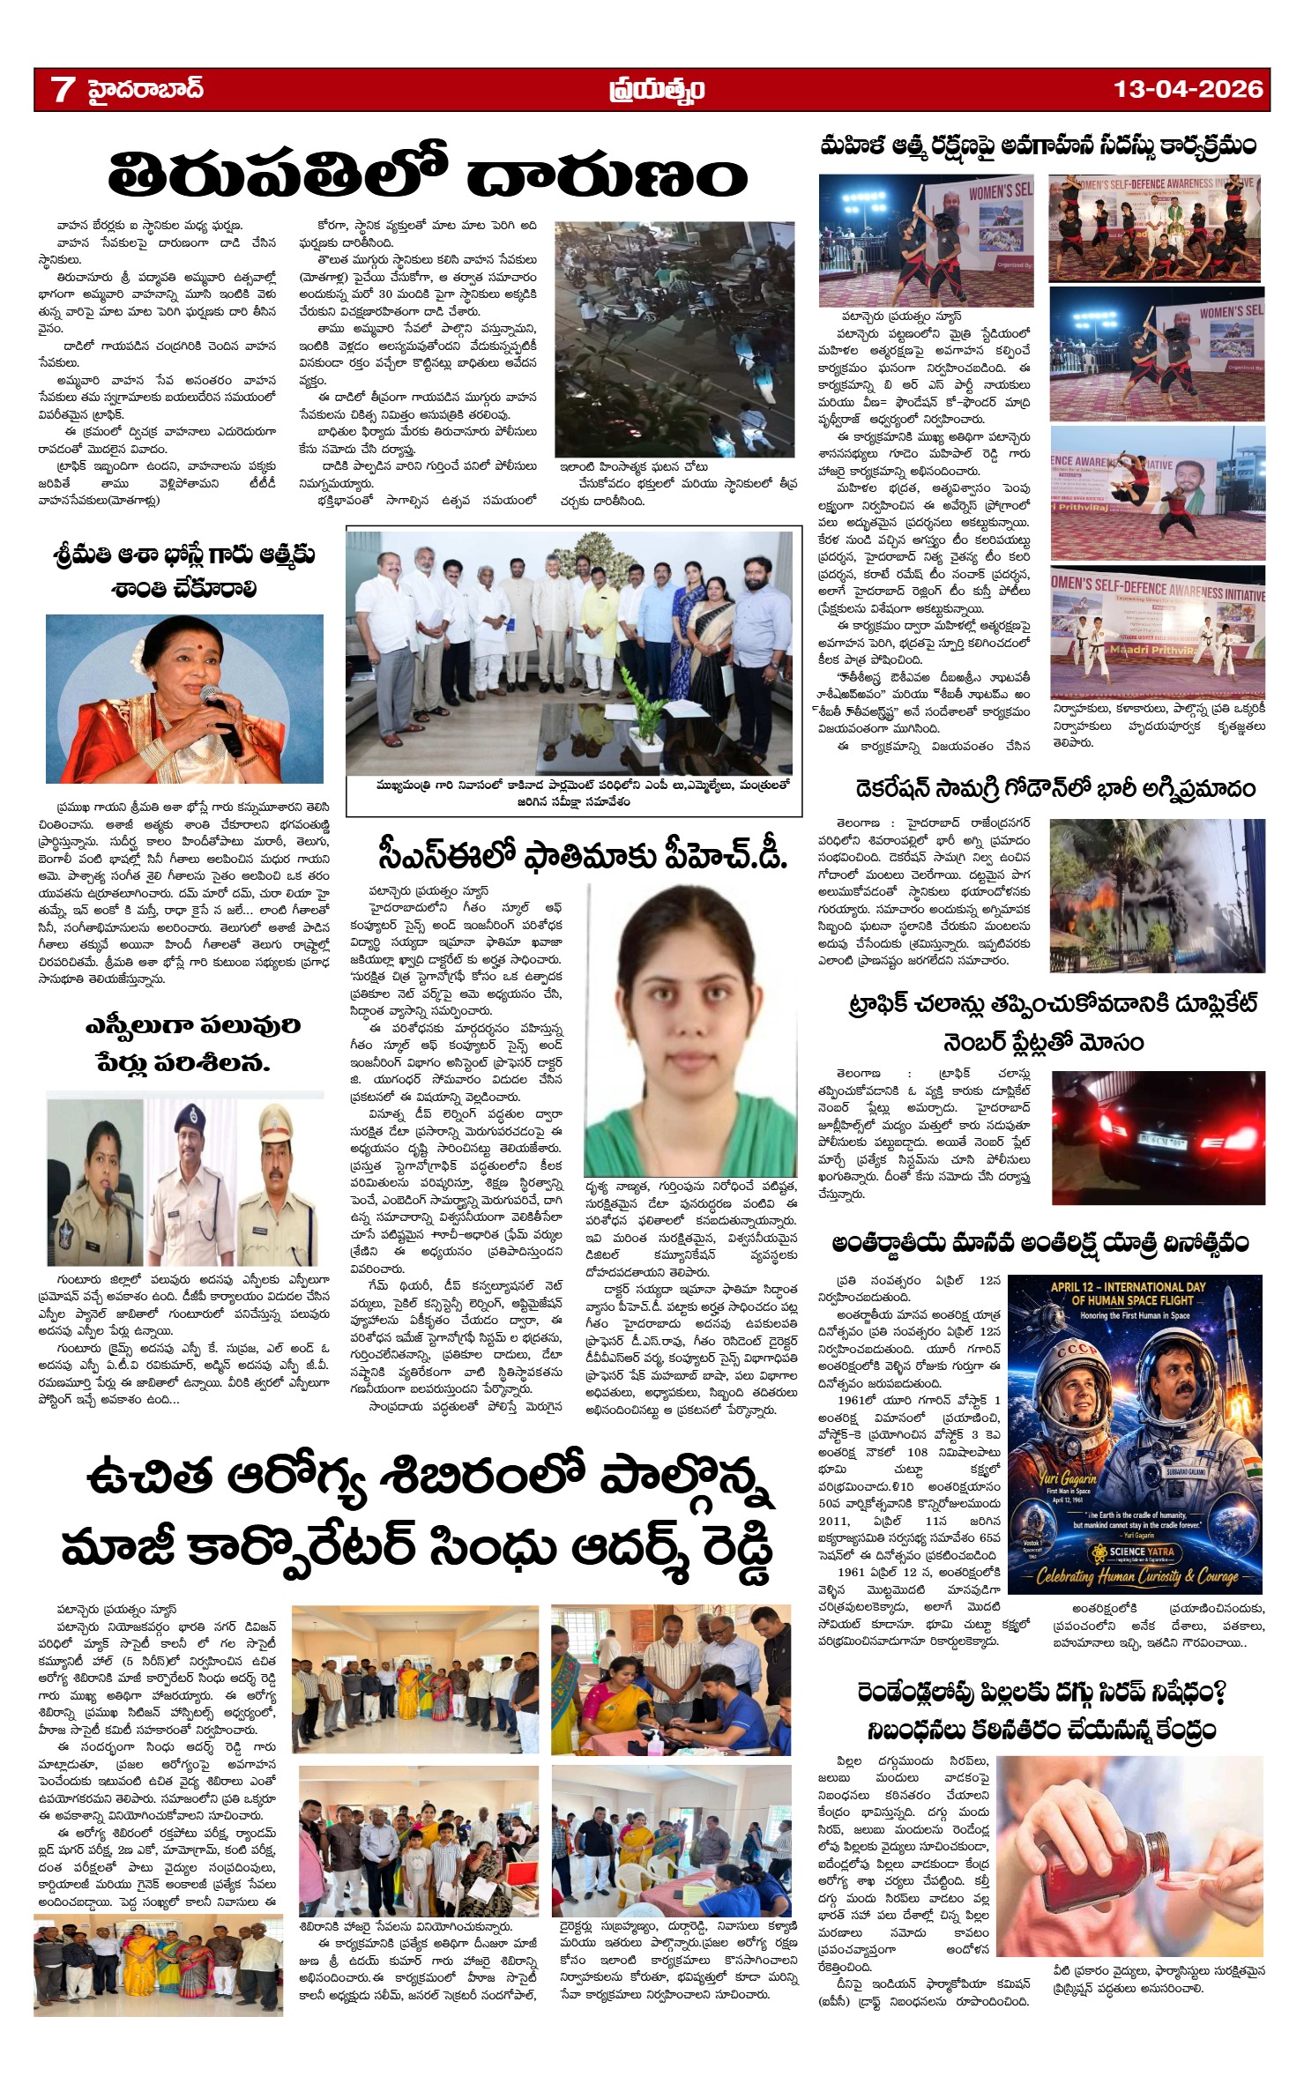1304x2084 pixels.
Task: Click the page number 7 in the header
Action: [x=63, y=89]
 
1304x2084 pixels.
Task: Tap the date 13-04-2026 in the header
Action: [x=1188, y=89]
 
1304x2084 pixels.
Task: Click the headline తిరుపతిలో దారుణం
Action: [x=427, y=175]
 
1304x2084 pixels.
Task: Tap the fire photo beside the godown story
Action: [x=1157, y=895]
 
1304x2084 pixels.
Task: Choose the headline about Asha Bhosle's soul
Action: [x=183, y=571]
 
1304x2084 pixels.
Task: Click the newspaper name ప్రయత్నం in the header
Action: [x=656, y=89]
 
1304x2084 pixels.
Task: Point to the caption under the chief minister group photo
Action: [x=573, y=793]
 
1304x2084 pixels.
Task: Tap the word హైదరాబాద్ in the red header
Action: [x=145, y=89]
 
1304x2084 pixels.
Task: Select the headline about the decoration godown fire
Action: [x=1055, y=787]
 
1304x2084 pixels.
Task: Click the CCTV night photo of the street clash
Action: [x=675, y=339]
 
